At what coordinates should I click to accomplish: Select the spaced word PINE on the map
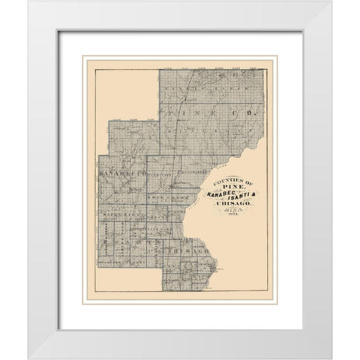[204, 115]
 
